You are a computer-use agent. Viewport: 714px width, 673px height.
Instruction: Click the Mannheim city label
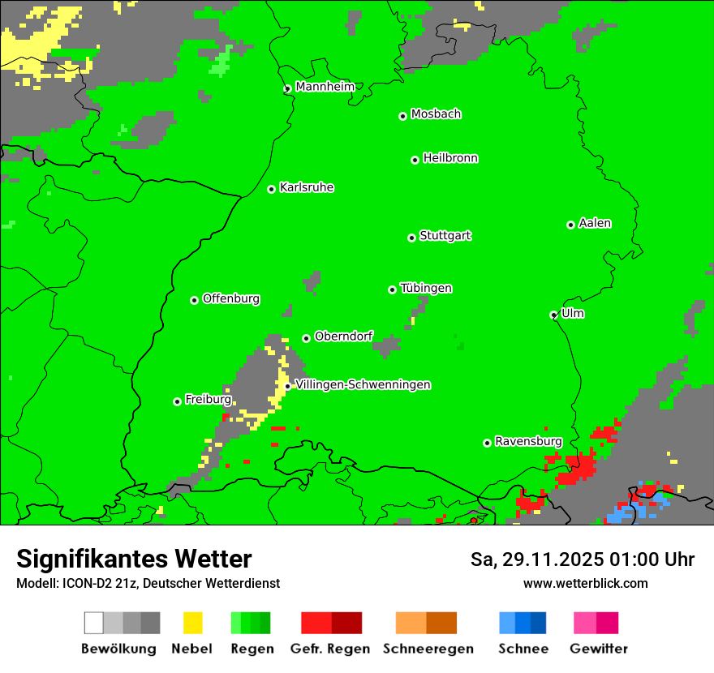pos(325,86)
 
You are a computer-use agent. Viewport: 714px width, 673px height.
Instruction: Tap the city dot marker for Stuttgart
pos(411,238)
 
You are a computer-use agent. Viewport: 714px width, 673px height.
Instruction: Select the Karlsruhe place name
pos(307,187)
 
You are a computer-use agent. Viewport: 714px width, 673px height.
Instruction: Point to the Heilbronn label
pos(450,158)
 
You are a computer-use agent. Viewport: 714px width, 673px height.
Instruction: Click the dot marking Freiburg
pos(177,401)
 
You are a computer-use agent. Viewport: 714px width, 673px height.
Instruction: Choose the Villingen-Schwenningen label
pos(363,384)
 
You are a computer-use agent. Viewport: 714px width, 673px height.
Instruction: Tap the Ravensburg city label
pos(528,441)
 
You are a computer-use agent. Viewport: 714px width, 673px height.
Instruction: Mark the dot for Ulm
pos(553,315)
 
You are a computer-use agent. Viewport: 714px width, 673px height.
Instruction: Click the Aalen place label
pos(595,223)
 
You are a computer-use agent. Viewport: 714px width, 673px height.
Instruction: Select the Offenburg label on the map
pos(231,298)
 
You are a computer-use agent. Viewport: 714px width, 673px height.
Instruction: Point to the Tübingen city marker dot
pos(392,289)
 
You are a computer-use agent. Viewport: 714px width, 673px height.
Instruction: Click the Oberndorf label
pos(343,336)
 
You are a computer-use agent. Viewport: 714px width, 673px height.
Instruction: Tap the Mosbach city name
pos(436,114)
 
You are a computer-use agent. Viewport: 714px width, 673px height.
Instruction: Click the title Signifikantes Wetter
pos(134,559)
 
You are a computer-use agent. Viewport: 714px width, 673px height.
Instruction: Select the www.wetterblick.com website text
pos(585,583)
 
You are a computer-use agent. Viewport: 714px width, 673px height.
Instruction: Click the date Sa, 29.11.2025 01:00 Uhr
pos(582,559)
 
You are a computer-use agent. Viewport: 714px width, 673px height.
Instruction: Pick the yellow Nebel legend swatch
pos(192,623)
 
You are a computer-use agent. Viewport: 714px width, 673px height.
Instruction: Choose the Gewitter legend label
pos(598,649)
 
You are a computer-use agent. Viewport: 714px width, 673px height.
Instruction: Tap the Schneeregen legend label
pos(428,649)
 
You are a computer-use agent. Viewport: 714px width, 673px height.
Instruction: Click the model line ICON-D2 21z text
pos(148,583)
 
